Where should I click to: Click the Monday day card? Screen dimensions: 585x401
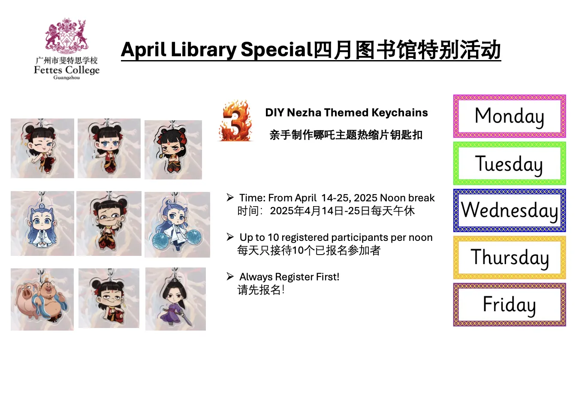tap(510, 116)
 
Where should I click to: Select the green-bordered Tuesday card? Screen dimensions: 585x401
tap(510, 164)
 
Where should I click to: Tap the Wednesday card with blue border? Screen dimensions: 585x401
tap(510, 210)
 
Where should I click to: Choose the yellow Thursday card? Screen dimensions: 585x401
tap(510, 258)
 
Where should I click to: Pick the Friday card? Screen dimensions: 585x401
tap(510, 304)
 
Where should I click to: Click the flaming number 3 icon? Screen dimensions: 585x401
tap(235, 121)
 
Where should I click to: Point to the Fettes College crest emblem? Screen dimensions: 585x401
tap(66, 36)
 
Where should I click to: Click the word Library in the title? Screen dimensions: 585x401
tap(203, 50)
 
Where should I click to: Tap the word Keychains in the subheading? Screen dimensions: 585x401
tap(400, 113)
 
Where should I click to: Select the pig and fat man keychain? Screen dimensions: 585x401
tap(42, 299)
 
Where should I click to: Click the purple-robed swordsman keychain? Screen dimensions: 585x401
tap(175, 299)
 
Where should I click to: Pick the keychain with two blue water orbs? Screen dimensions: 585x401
tap(177, 225)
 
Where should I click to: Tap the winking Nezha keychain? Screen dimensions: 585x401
tap(42, 148)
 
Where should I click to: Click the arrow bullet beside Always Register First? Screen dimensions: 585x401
tap(230, 276)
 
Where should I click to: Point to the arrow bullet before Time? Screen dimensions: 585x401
tap(230, 197)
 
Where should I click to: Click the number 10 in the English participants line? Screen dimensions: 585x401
tap(273, 237)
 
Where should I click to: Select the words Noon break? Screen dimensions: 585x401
tap(407, 198)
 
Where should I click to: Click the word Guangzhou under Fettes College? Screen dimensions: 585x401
tap(66, 78)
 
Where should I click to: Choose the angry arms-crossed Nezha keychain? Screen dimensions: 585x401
tap(173, 150)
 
